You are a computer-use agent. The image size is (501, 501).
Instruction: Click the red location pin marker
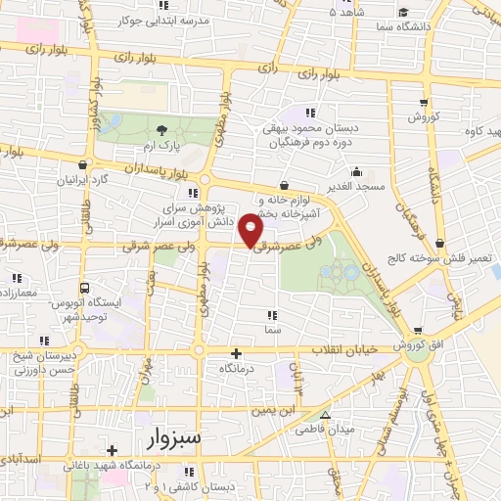tap(254, 229)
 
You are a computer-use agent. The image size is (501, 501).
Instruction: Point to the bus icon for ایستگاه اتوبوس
tap(86, 289)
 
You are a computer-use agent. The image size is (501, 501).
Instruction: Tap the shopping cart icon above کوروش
tap(424, 102)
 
